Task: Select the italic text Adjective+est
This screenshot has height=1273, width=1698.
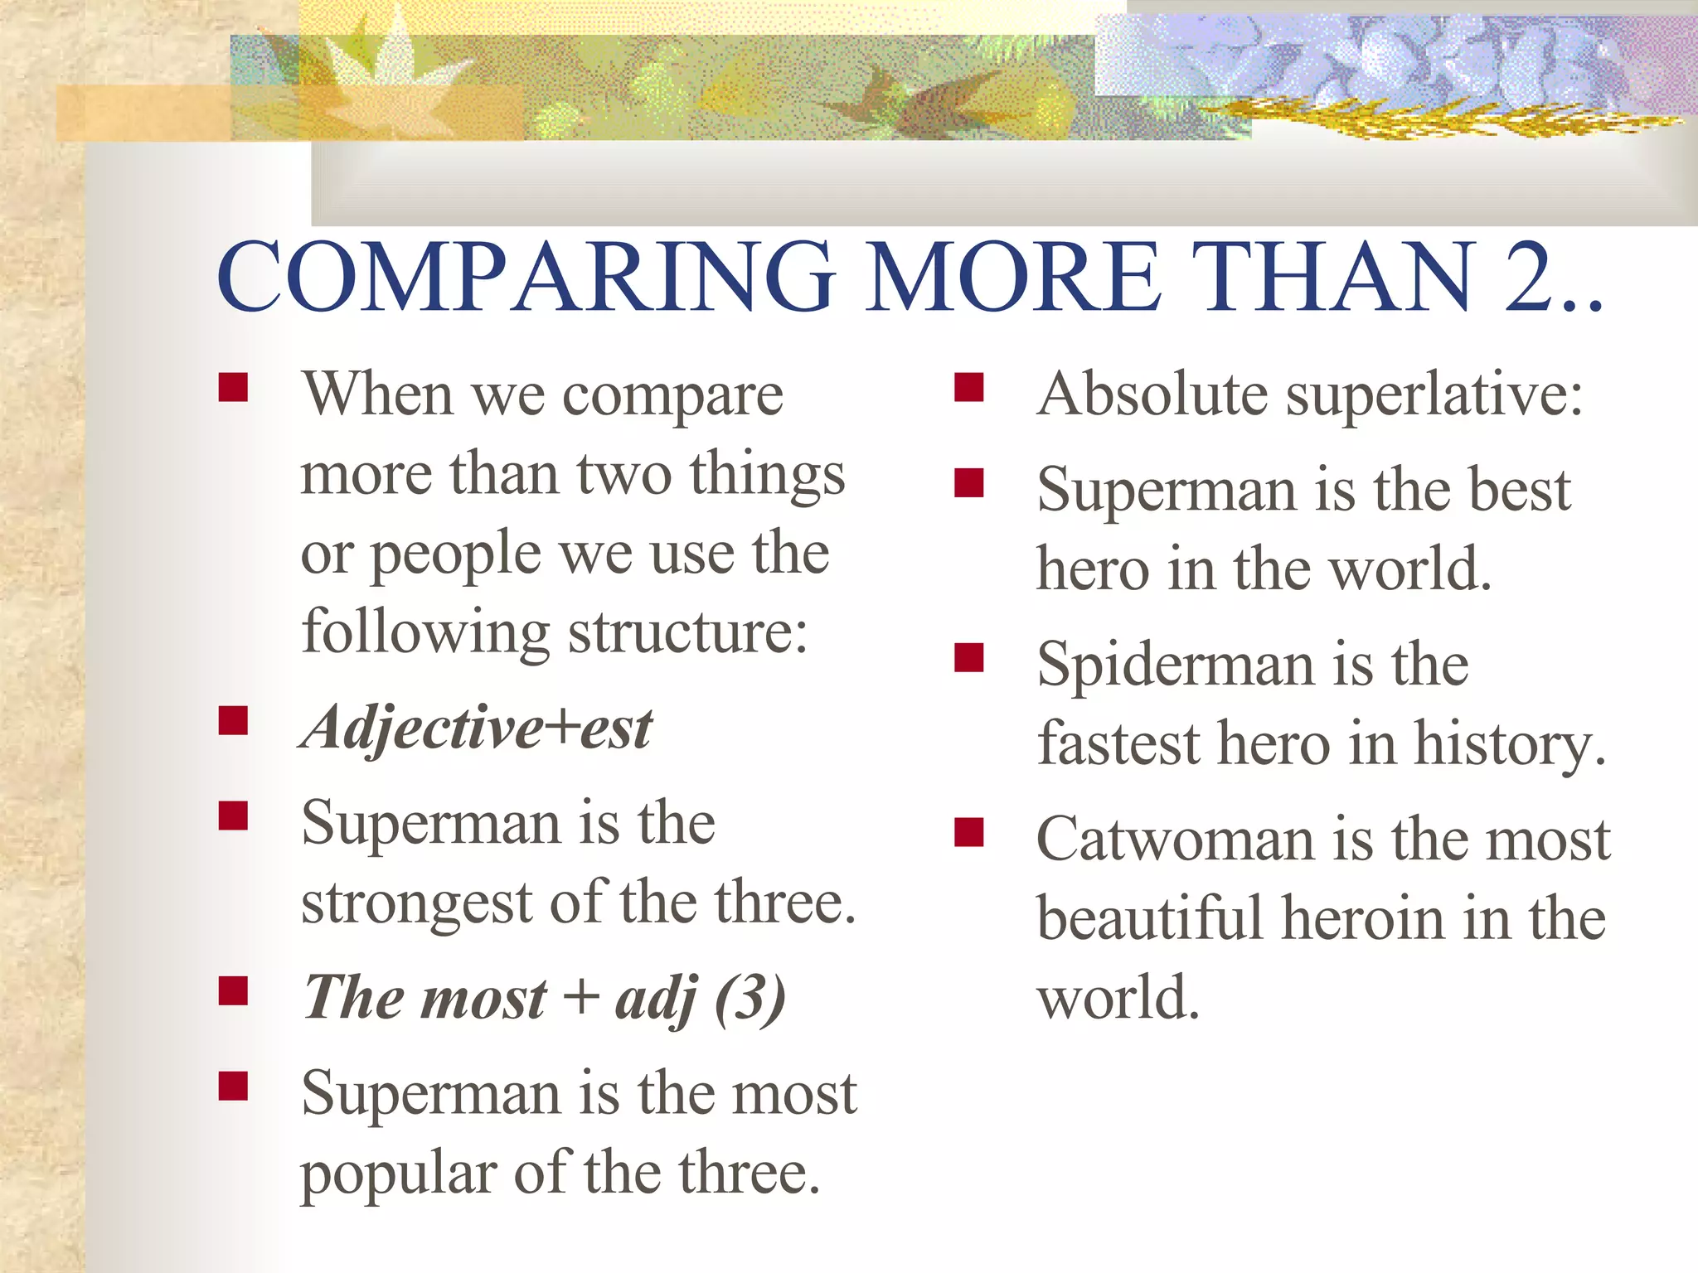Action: [477, 728]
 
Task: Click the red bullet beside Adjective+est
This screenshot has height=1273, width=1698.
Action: [234, 721]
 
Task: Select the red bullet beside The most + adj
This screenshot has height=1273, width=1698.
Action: [234, 990]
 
